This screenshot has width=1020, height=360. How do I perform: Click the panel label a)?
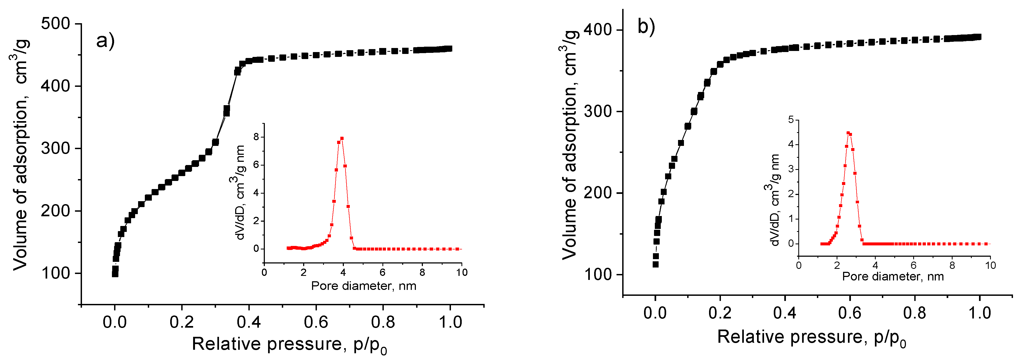click(105, 40)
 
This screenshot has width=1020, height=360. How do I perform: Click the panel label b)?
click(646, 27)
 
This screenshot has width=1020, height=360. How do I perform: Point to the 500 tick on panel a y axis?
click(56, 24)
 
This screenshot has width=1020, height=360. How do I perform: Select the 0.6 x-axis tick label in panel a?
click(316, 322)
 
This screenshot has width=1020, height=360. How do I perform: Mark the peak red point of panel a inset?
click(342, 139)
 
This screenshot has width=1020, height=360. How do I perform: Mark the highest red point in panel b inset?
click(848, 133)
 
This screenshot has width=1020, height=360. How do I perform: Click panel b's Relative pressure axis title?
click(812, 337)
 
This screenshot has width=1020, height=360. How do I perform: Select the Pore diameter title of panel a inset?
click(364, 286)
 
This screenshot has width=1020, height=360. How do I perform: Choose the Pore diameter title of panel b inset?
click(893, 276)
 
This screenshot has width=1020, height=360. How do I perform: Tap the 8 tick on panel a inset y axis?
click(256, 137)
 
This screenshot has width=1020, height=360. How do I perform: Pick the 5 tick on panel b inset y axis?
click(791, 120)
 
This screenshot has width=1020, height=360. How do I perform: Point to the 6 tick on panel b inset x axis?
click(913, 265)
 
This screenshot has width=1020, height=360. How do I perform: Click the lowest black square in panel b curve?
click(656, 264)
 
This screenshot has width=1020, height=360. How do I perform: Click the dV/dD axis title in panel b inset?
click(774, 200)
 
